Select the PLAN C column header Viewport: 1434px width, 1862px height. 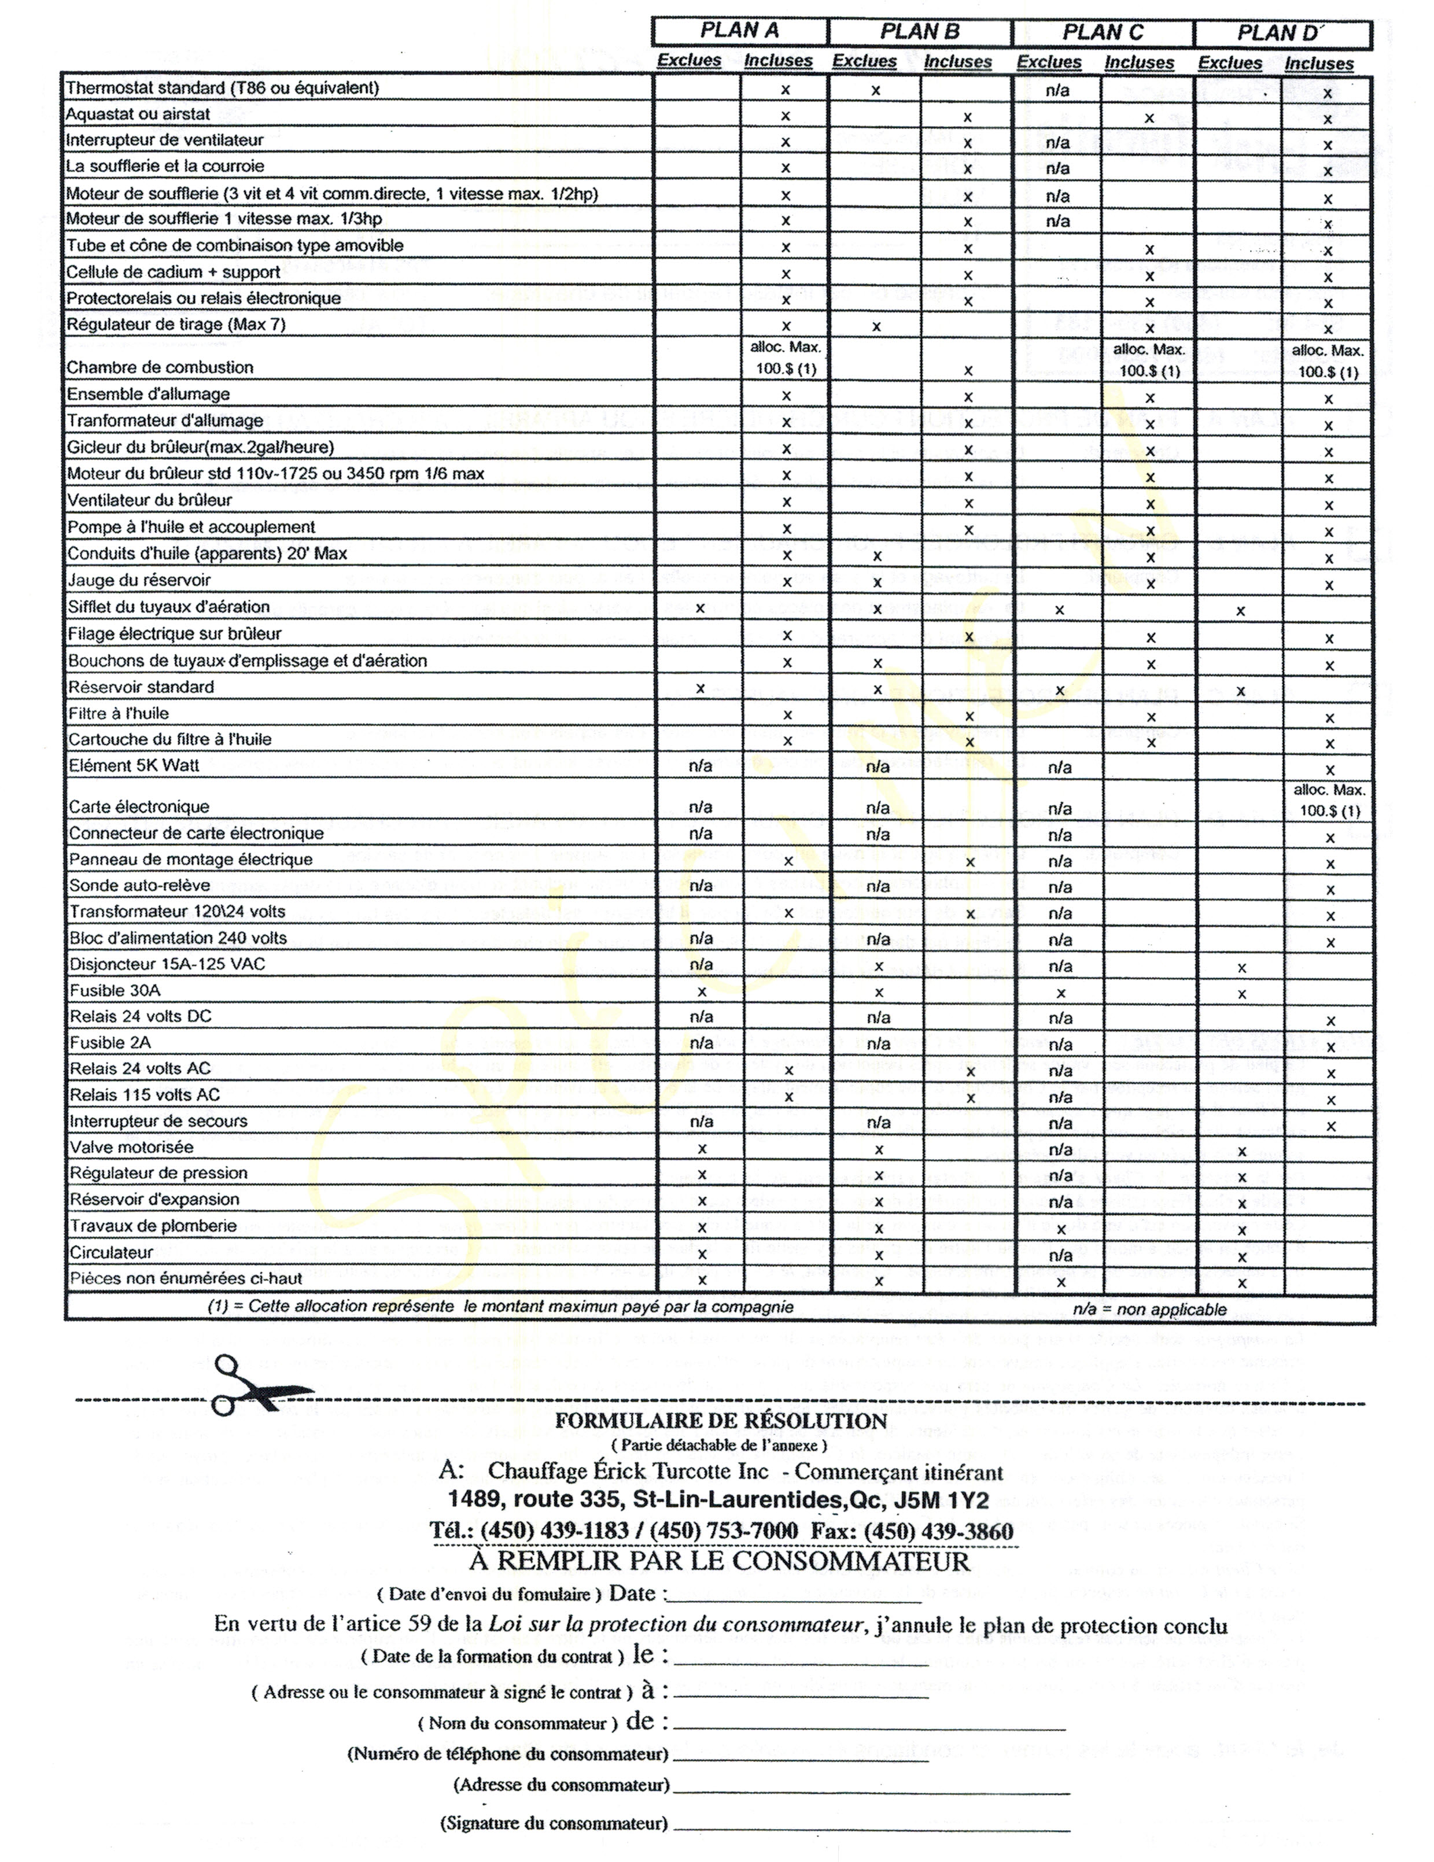1103,33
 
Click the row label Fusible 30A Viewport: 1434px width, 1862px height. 115,991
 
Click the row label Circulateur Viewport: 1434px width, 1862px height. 111,1252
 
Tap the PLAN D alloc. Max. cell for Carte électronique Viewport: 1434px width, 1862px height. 1328,800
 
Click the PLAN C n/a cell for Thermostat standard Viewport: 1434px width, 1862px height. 1057,90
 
